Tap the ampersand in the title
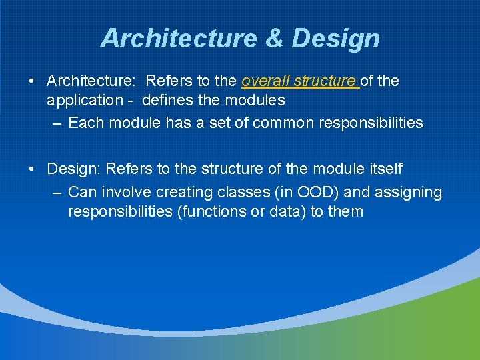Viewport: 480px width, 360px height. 273,39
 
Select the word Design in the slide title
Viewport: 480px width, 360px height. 335,39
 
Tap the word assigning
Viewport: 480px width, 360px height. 409,193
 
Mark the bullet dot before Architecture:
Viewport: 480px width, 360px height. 32,81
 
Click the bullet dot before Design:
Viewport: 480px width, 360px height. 32,169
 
